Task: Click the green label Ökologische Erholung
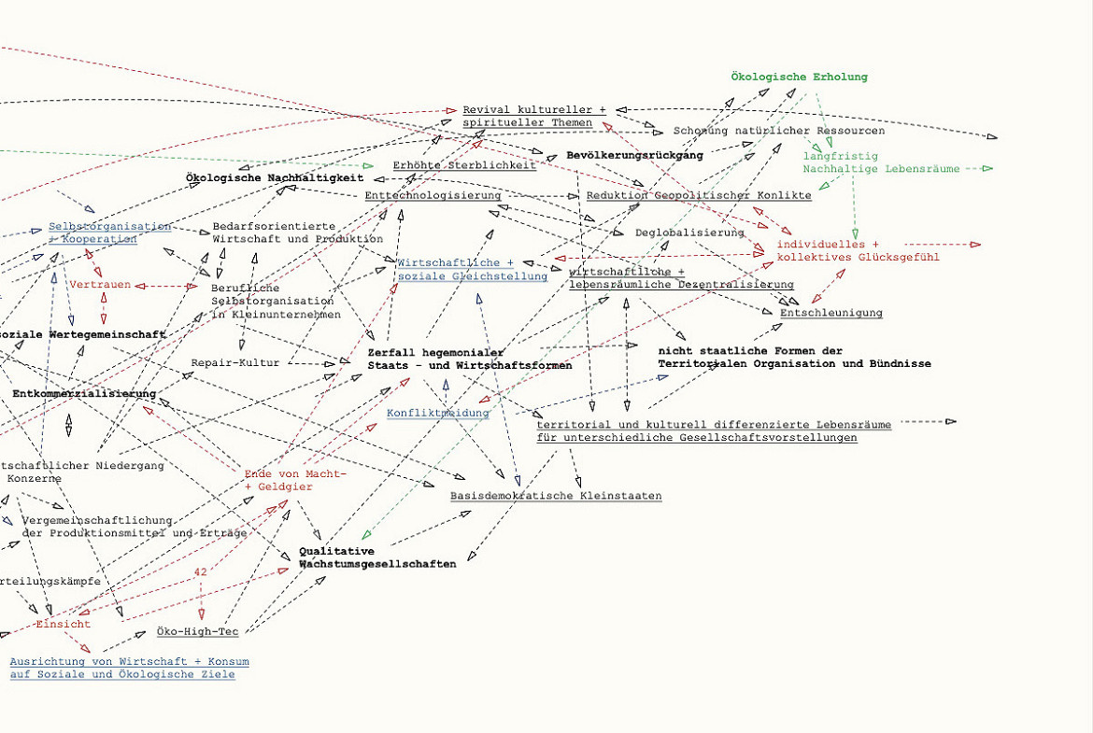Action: click(799, 78)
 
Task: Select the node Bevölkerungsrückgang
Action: click(634, 156)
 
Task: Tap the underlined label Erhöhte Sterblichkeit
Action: click(464, 165)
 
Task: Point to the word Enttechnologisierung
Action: click(433, 195)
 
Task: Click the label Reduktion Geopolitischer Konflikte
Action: click(699, 195)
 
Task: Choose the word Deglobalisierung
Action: click(689, 233)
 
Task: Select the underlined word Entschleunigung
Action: click(831, 313)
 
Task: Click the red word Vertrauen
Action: click(100, 285)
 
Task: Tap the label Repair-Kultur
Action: click(235, 362)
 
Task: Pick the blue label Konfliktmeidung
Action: click(437, 413)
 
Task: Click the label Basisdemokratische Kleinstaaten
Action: click(556, 496)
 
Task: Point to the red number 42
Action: click(201, 571)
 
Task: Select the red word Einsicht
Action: click(64, 624)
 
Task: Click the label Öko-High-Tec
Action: click(197, 632)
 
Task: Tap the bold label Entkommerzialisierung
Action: click(84, 394)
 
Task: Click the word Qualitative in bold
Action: click(336, 551)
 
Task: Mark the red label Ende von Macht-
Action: click(295, 474)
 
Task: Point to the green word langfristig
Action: click(828, 156)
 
